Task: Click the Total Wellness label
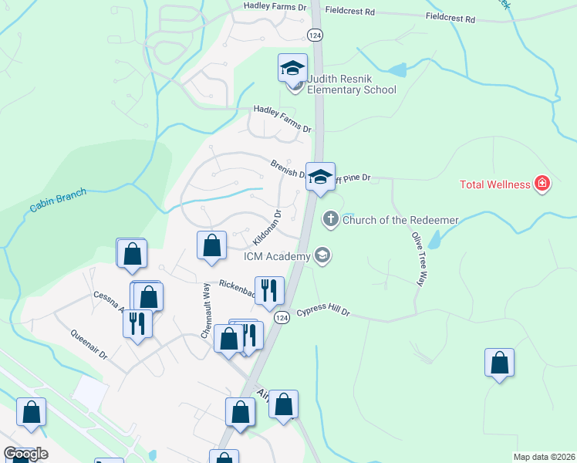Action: [494, 184]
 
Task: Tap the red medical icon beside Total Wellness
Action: [542, 184]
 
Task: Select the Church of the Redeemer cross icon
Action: [331, 219]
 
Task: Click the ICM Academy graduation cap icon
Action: [322, 256]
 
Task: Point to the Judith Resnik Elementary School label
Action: [351, 84]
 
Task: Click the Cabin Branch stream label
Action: [59, 201]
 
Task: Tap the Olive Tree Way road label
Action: [419, 259]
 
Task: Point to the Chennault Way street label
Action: [206, 311]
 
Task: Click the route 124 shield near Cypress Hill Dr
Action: [282, 318]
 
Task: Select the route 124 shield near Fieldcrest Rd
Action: [314, 35]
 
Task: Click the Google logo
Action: [25, 454]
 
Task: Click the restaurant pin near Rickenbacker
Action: [269, 291]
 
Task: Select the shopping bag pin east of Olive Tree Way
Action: [499, 363]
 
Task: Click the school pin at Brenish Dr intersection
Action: [320, 177]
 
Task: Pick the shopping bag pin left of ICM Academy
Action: [211, 245]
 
